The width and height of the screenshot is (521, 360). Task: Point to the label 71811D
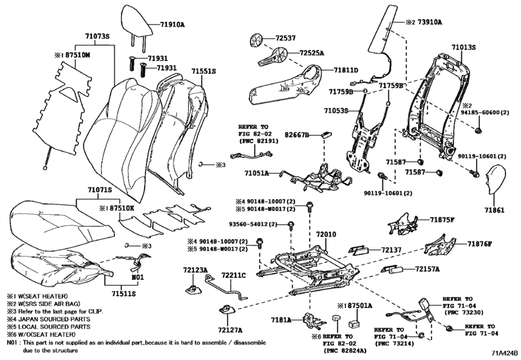(346, 69)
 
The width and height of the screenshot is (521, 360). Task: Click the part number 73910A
(427, 21)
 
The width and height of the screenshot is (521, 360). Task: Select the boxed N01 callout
(137, 278)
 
